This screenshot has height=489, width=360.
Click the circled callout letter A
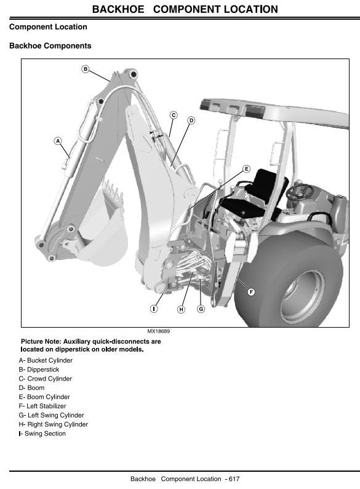[58, 141]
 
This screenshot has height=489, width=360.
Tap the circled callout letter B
[86, 69]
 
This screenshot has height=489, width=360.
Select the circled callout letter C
[174, 115]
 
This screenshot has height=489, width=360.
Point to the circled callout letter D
[191, 120]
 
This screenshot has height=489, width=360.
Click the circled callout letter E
[246, 169]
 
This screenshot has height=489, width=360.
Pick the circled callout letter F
[251, 292]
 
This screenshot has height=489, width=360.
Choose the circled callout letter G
[201, 309]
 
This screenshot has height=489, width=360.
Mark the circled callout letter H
[181, 309]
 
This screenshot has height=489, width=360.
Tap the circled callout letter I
[154, 309]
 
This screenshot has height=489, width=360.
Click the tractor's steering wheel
[299, 191]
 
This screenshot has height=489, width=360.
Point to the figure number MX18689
[159, 331]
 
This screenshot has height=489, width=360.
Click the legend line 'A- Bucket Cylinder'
[46, 360]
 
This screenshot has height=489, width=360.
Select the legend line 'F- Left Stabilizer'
[42, 406]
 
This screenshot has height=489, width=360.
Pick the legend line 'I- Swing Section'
[42, 434]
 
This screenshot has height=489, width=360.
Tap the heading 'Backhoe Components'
[50, 46]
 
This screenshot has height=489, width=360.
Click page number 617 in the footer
[234, 479]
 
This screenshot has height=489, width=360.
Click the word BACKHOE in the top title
[118, 9]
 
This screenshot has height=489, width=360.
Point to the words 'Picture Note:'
[41, 341]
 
